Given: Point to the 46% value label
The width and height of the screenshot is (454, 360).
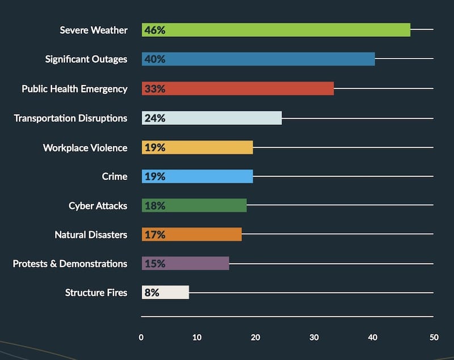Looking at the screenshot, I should click(154, 30).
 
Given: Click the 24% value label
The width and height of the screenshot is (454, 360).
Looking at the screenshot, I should click(154, 118).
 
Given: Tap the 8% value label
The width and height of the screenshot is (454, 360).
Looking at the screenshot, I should click(152, 292).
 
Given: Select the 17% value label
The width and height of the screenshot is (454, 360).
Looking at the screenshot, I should click(154, 235).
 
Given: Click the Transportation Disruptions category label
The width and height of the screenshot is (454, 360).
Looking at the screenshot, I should click(70, 118).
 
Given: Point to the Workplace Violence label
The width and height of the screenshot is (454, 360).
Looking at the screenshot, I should click(85, 148).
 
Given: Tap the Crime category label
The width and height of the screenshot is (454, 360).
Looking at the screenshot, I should click(114, 177).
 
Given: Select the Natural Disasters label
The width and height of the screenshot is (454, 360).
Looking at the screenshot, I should click(91, 235).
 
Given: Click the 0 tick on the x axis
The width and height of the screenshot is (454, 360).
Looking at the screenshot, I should click(141, 337).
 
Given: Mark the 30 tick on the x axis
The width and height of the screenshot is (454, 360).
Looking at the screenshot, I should click(314, 337).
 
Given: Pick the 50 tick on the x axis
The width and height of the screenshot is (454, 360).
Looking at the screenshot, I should click(434, 337).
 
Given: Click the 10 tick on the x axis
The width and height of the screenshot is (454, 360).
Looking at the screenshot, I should click(197, 337).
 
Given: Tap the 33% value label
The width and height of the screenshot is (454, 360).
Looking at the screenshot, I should click(154, 89).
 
